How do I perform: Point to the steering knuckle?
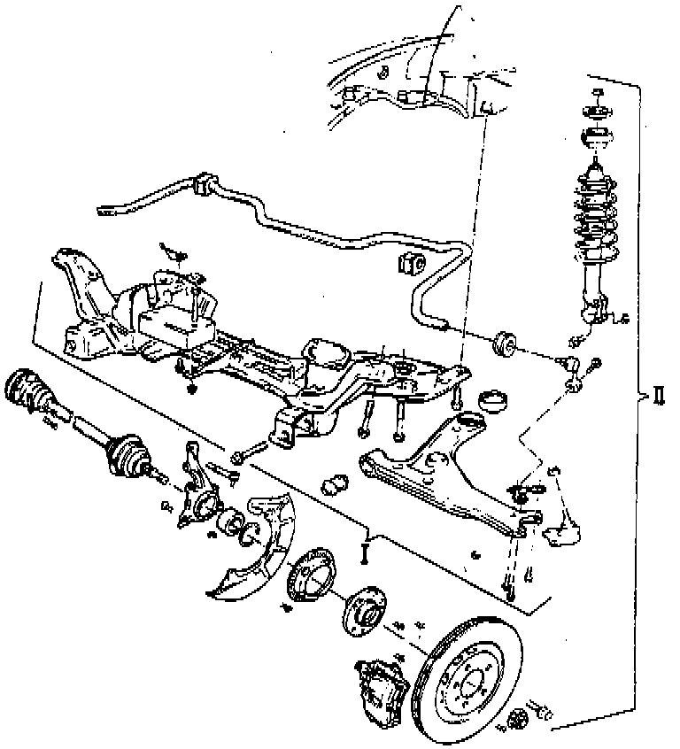[196, 491]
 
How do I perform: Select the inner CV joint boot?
[26, 393]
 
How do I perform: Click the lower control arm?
[443, 483]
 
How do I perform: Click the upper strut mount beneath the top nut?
[597, 139]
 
